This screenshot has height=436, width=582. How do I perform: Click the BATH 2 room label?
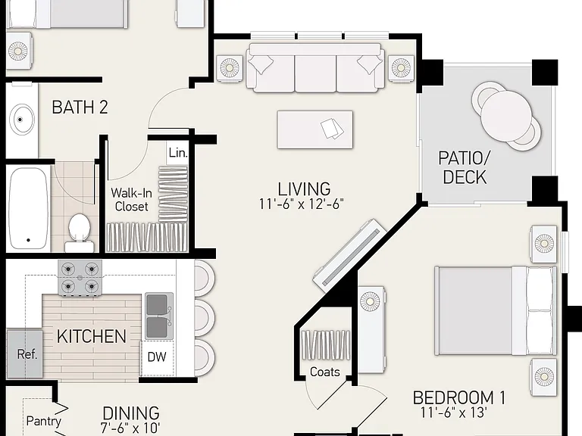(80, 107)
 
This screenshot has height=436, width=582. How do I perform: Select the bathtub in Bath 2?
(29, 209)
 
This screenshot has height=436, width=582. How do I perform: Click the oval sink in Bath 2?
(22, 120)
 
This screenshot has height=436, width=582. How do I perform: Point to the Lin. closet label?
(178, 153)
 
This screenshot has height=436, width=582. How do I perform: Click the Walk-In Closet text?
(131, 200)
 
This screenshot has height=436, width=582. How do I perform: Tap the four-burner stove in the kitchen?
(80, 278)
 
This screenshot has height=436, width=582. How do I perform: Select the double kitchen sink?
(159, 316)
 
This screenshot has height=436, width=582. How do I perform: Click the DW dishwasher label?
(157, 357)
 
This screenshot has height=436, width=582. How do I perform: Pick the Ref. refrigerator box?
(25, 353)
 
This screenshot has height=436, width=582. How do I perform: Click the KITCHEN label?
(92, 337)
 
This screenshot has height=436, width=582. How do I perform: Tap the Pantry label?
(43, 421)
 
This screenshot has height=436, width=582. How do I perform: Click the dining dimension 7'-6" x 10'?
(130, 428)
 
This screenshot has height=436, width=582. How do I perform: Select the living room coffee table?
(315, 129)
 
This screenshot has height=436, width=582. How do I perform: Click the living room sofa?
(315, 68)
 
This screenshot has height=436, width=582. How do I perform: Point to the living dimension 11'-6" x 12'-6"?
(302, 204)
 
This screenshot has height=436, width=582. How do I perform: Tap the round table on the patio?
(506, 116)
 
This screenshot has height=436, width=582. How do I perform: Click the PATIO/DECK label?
(465, 167)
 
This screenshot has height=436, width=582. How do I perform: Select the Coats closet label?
(325, 372)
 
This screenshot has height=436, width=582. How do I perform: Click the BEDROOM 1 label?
(459, 398)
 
